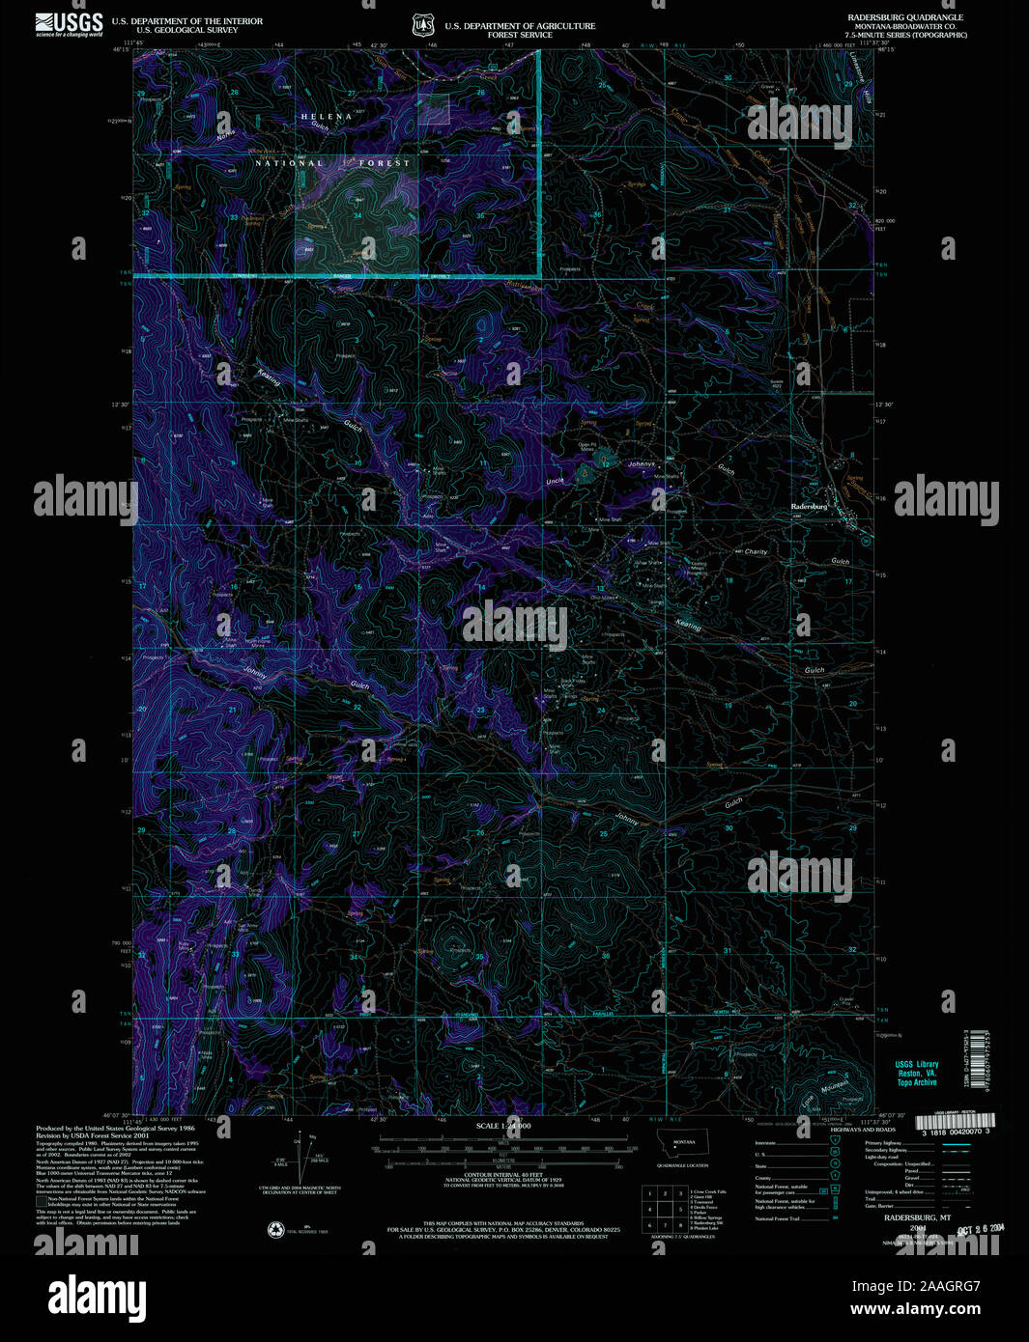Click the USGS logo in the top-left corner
click(x=69, y=24)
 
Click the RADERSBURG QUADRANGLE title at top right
click(x=904, y=17)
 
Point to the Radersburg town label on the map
click(x=810, y=507)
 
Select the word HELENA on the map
click(x=320, y=117)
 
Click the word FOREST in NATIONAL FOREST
click(x=385, y=163)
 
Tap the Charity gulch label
click(x=756, y=552)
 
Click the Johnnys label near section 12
click(x=642, y=464)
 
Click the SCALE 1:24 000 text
click(x=503, y=1126)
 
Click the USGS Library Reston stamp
click(x=917, y=1073)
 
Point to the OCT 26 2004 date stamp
click(x=978, y=1229)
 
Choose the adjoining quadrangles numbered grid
click(x=665, y=1208)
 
